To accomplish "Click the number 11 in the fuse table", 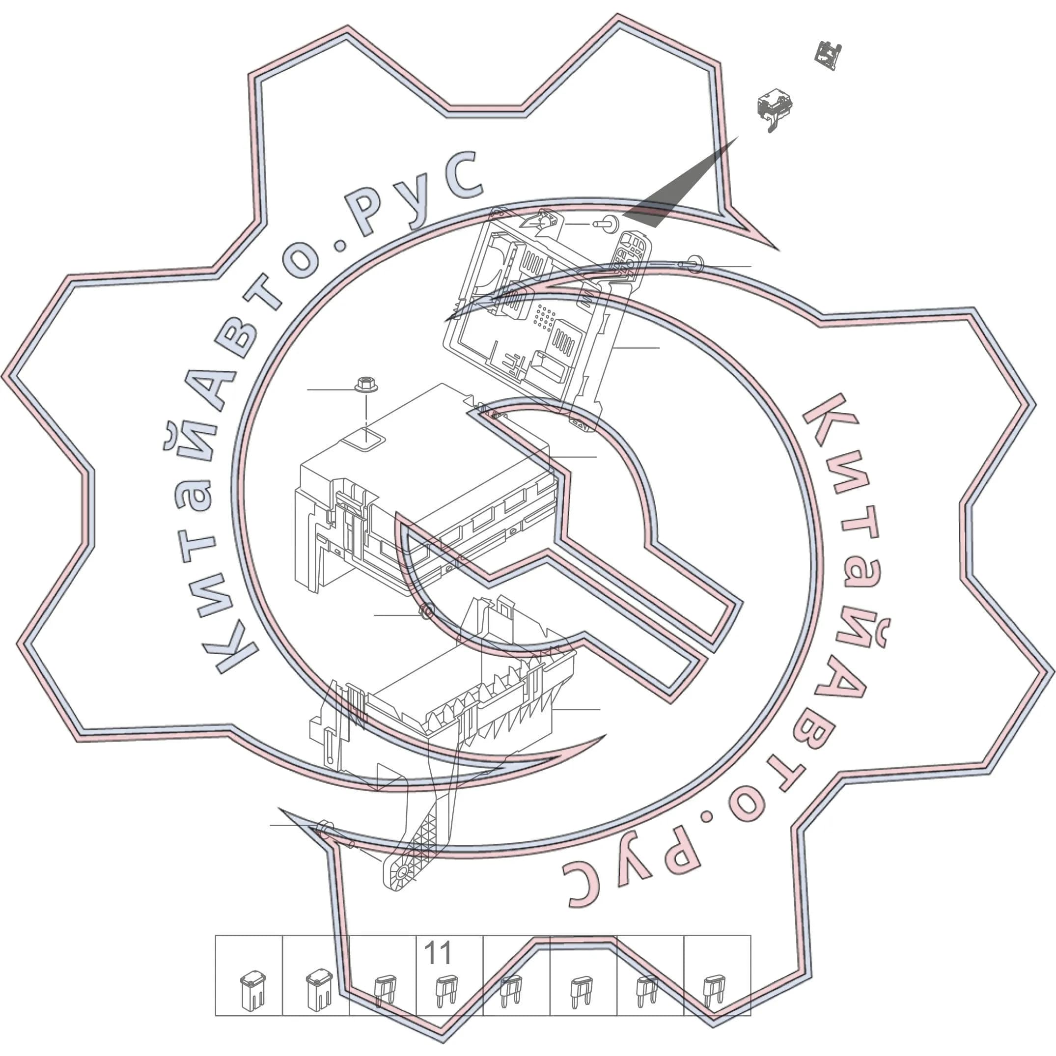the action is coord(438,953).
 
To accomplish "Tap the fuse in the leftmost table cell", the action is coord(252,990).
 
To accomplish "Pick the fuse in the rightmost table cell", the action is coord(714,992).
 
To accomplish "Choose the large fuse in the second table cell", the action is coord(319,989).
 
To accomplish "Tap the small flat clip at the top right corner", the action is coord(828,55).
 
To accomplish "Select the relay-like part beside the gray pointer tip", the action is coord(774,108).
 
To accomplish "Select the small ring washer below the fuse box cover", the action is coord(426,611).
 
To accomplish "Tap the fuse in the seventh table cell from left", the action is coord(647,992).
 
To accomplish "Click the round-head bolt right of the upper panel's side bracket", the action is coord(692,264).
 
